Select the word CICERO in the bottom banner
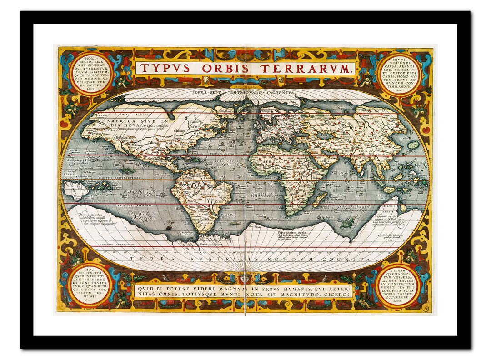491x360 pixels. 335,295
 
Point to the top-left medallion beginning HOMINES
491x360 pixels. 92,73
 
